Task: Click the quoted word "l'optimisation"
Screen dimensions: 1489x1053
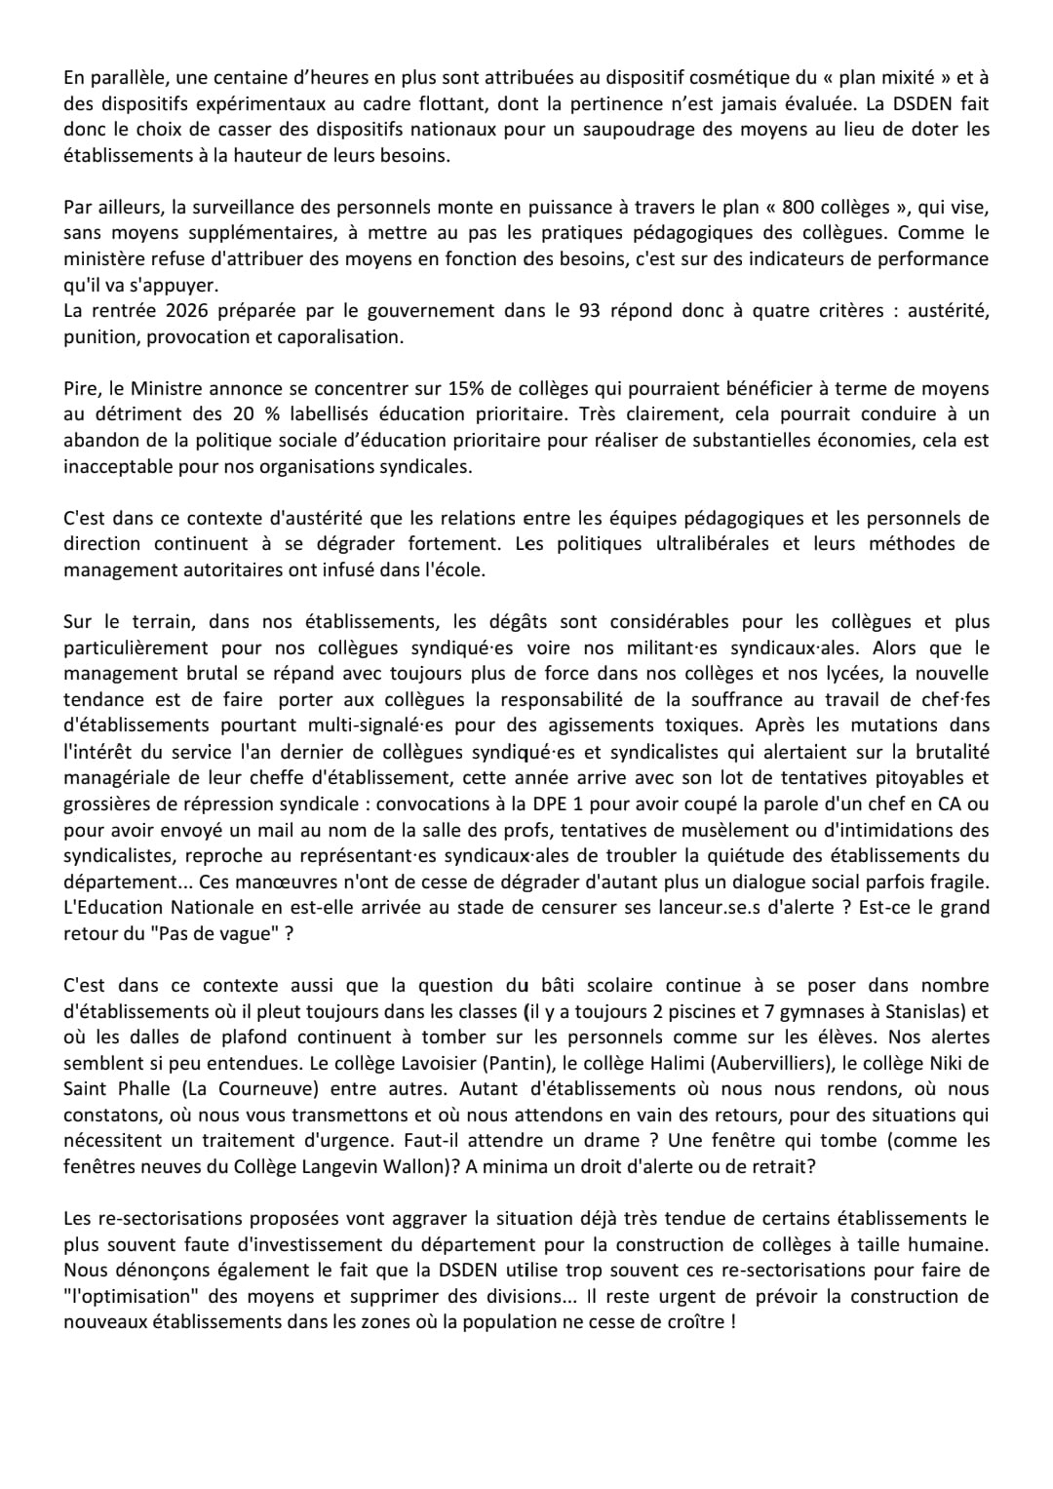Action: click(128, 1296)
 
